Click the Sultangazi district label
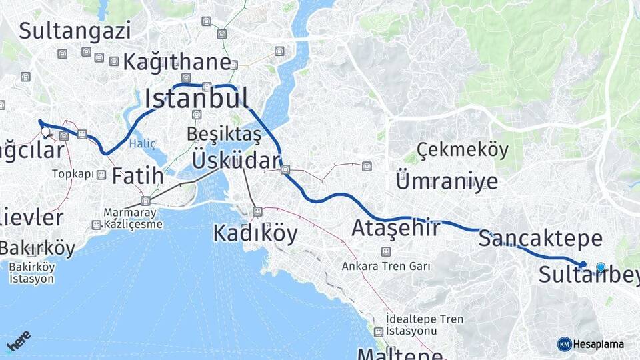coord(75,30)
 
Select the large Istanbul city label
coord(197,99)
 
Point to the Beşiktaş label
coord(224,134)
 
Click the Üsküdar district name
coord(236,161)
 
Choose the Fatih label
coord(137,176)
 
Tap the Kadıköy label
coord(255,233)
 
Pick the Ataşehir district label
coord(396,229)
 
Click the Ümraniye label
coord(447,181)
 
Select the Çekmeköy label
coord(463,149)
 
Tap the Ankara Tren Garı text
coord(385,266)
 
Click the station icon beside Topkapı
coord(101,175)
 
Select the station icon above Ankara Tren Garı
coord(385,251)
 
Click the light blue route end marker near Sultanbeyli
coord(601,267)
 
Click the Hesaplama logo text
coord(599,345)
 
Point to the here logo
coord(18,341)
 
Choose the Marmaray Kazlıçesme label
coord(133,219)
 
